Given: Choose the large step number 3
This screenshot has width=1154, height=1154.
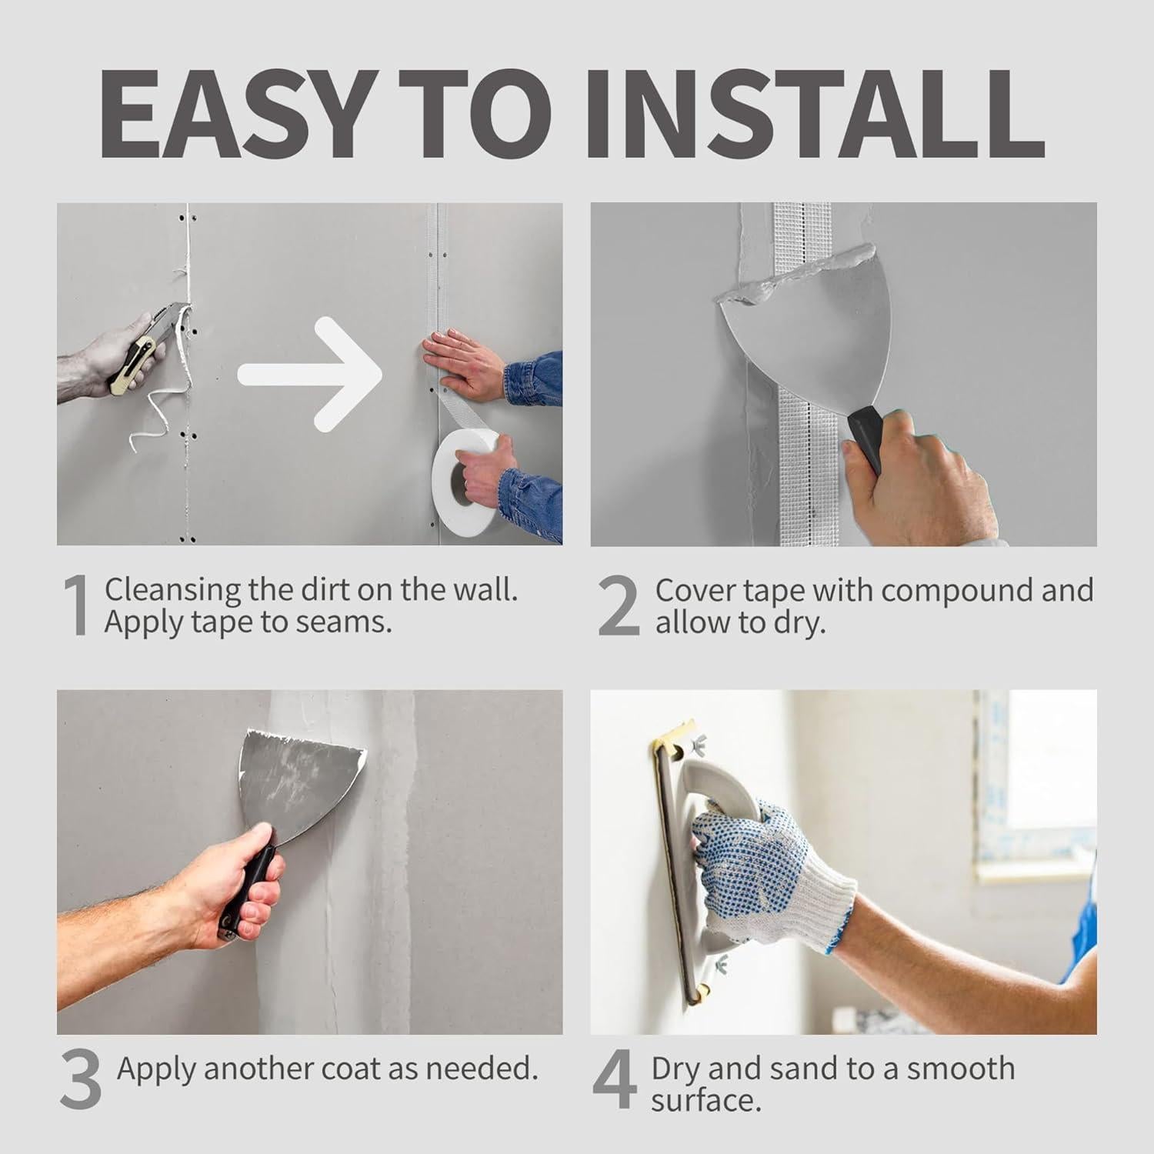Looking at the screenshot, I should click(80, 1081).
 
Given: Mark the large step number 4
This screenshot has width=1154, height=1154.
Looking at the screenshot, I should click(615, 1081).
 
